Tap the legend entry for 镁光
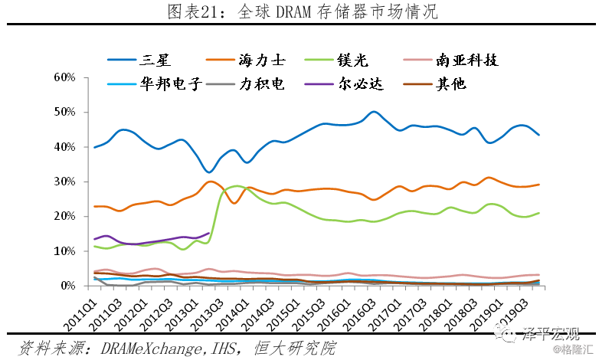click(352, 59)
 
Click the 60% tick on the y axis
click(64, 77)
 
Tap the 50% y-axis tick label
click(64, 112)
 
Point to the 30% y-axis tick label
click(64, 182)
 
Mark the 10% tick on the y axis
click(64, 251)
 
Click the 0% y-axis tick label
click(67, 286)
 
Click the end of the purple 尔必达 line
click(208, 233)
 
